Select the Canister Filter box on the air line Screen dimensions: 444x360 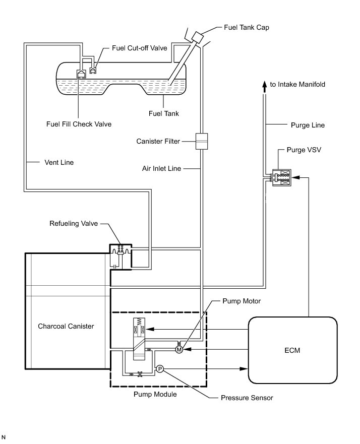pyautogui.click(x=202, y=142)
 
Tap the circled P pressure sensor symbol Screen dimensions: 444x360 pyautogui.click(x=159, y=369)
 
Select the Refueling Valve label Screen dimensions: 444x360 pyautogui.click(x=74, y=223)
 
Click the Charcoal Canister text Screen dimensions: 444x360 pyautogui.click(x=66, y=326)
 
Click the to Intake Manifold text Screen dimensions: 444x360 pyautogui.click(x=297, y=84)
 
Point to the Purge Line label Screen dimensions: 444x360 pyautogui.click(x=308, y=124)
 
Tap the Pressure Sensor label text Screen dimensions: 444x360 pyautogui.click(x=247, y=398)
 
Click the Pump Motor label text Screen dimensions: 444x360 pyautogui.click(x=242, y=301)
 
